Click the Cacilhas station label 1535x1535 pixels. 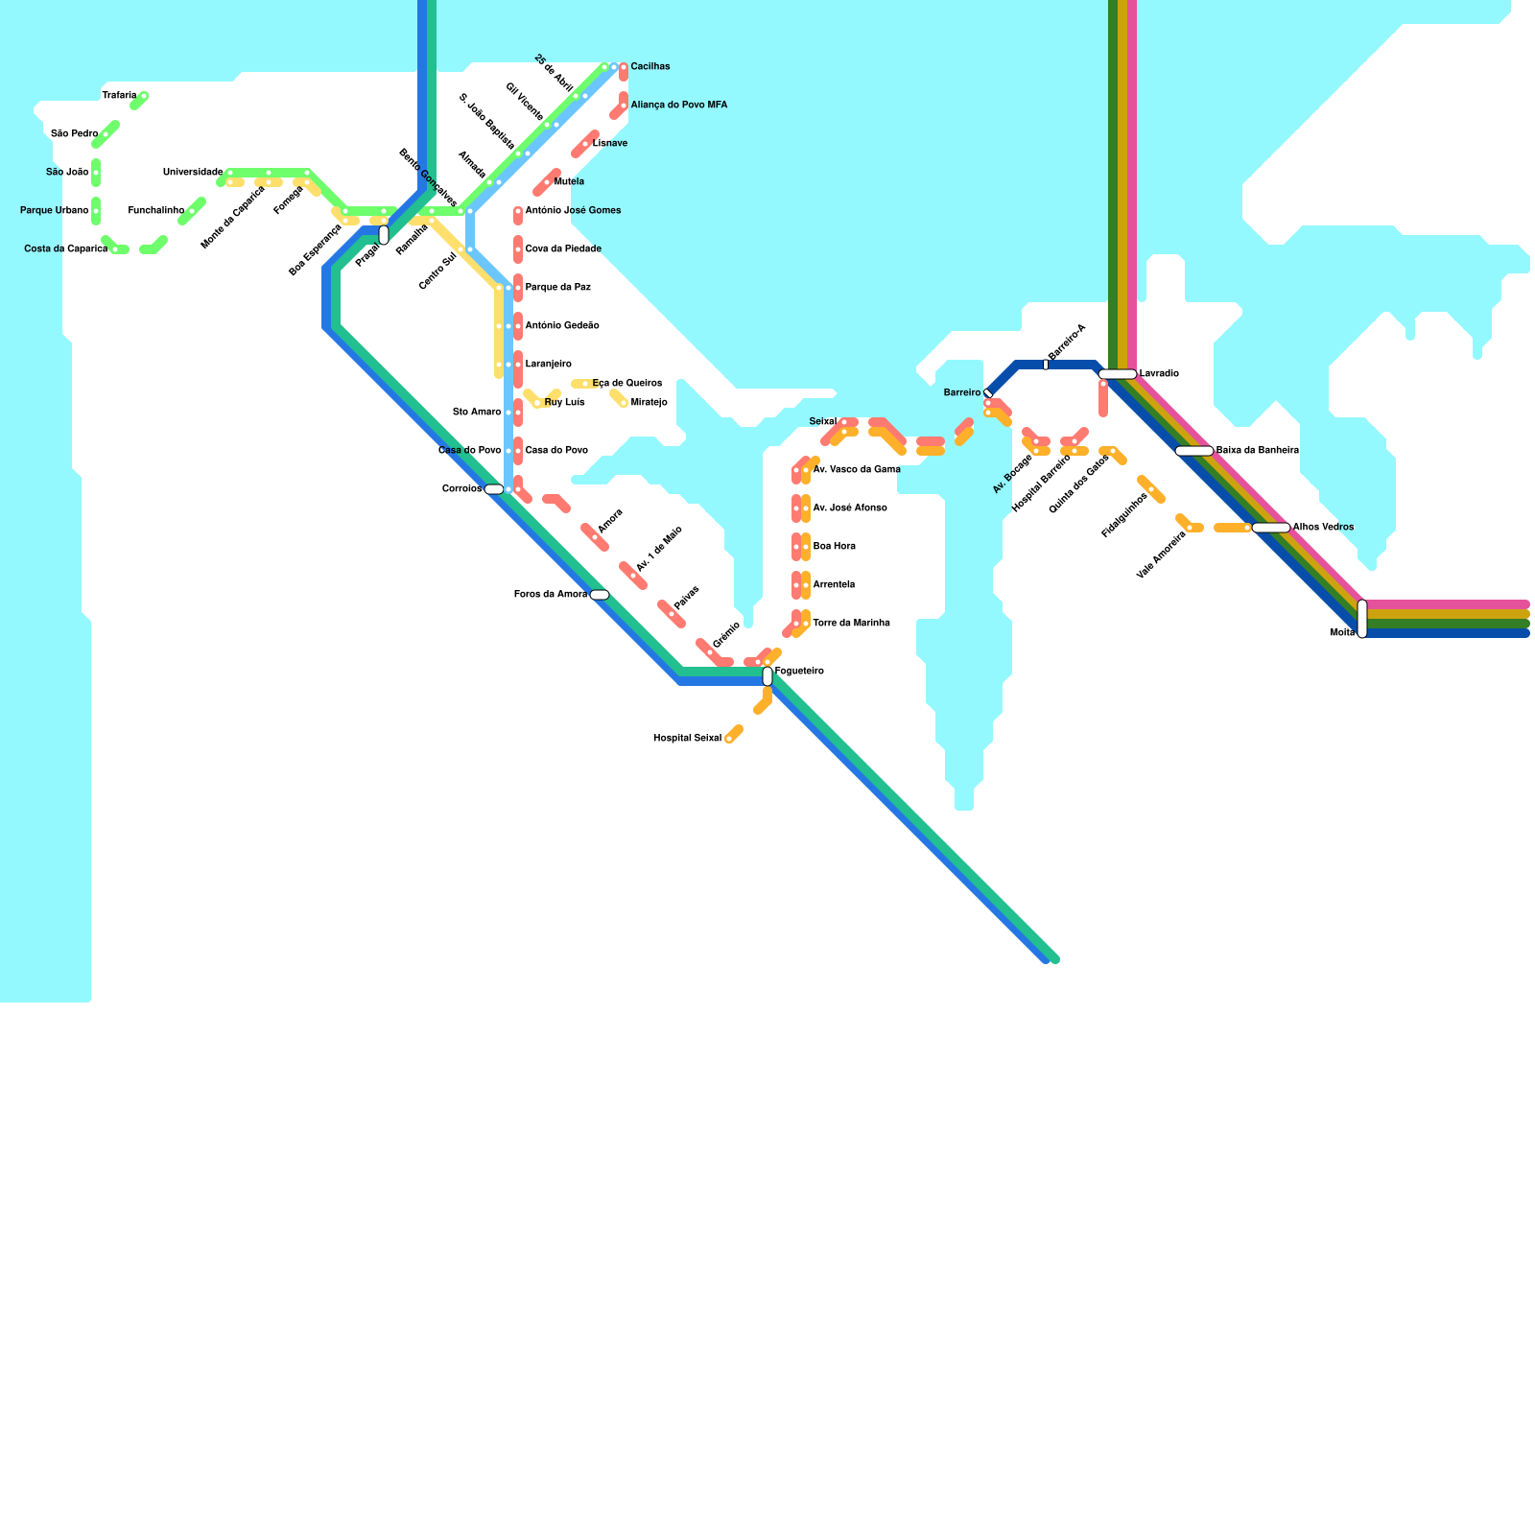pyautogui.click(x=649, y=67)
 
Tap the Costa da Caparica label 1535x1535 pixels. pyautogui.click(x=65, y=249)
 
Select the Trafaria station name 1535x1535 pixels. pyautogui.click(x=119, y=96)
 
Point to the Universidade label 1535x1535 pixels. pyautogui.click(x=192, y=173)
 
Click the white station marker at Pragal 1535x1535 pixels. pyautogui.click(x=384, y=235)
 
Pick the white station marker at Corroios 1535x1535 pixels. pyautogui.click(x=494, y=489)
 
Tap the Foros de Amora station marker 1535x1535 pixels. pyautogui.click(x=600, y=595)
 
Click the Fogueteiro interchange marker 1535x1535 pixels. pyautogui.click(x=767, y=676)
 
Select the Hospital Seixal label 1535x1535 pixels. pyautogui.click(x=687, y=739)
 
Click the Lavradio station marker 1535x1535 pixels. pyautogui.click(x=1118, y=374)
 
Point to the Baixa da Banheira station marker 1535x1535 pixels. pyautogui.click(x=1194, y=451)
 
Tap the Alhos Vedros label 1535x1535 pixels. pyautogui.click(x=1323, y=528)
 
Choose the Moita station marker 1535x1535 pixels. pyautogui.click(x=1362, y=619)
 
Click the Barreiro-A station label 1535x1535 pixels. pyautogui.click(x=1067, y=342)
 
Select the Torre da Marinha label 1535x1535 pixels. pyautogui.click(x=851, y=624)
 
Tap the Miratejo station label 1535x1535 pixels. pyautogui.click(x=649, y=403)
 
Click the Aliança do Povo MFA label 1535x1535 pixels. pyautogui.click(x=678, y=106)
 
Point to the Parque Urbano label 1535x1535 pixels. pyautogui.click(x=55, y=211)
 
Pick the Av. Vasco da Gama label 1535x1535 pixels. pyautogui.click(x=856, y=470)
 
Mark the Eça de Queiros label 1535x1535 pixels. pyautogui.click(x=626, y=384)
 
